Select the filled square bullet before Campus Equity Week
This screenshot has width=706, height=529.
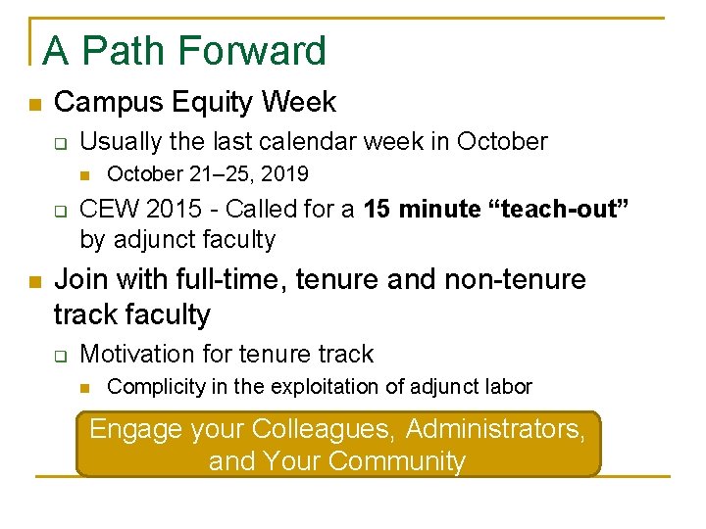pos(33,104)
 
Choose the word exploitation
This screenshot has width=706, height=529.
pos(330,387)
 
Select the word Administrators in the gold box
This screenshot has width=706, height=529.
pos(495,429)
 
